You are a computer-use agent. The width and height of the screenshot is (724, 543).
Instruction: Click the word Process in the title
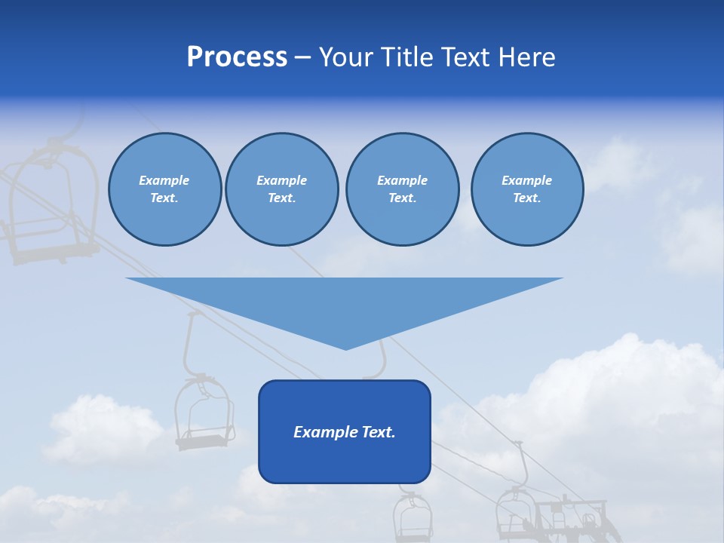[237, 57]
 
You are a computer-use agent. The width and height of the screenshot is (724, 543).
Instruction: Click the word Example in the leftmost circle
[164, 180]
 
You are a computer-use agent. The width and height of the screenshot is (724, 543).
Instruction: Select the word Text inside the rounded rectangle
[378, 432]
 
